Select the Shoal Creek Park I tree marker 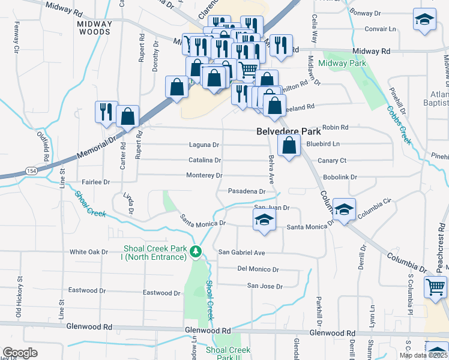pos(195,251)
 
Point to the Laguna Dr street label pos(204,145)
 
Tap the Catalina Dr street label pos(205,160)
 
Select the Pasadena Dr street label pos(247,191)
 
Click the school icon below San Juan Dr pos(264,220)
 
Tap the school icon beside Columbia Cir pos(344,209)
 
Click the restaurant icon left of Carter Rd pos(104,112)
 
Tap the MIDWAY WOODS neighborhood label pos(95,28)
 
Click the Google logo pos(20,353)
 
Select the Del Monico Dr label pos(258,269)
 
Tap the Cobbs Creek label pos(400,125)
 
